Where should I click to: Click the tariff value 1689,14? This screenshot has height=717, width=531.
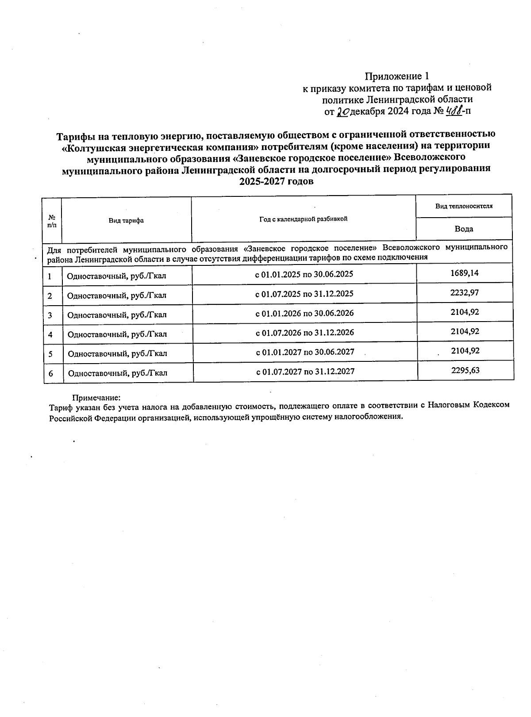(464, 273)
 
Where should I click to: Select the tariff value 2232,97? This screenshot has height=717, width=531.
(465, 292)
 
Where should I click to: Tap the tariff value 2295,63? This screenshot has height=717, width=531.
(465, 370)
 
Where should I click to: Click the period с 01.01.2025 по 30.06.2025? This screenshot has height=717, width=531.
(304, 274)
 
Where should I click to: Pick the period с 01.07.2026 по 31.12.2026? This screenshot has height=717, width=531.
(305, 332)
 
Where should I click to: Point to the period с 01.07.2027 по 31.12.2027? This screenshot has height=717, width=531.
(305, 371)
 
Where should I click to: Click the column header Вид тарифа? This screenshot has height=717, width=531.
(126, 220)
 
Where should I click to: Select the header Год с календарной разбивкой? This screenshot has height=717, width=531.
(303, 219)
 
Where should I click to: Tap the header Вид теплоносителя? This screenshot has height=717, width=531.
(464, 206)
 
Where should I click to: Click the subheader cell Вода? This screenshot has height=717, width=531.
(464, 229)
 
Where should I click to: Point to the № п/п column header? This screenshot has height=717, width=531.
(52, 220)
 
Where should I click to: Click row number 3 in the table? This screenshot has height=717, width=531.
(50, 315)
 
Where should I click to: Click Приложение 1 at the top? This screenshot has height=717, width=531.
(397, 76)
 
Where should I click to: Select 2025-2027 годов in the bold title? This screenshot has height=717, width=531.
(276, 181)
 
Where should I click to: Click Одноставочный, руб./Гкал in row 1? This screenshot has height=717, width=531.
(116, 276)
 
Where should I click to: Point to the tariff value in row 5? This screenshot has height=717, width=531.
(465, 351)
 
